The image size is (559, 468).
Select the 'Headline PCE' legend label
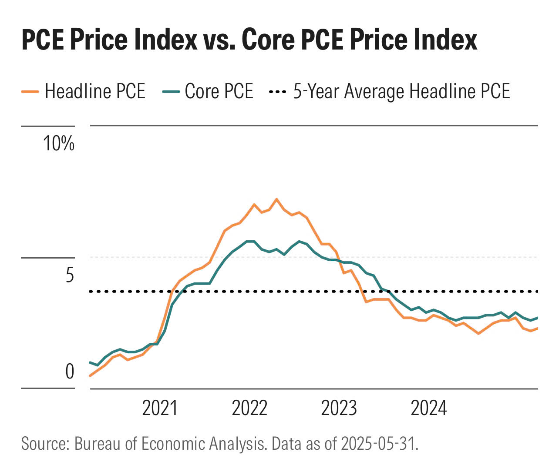click(x=95, y=92)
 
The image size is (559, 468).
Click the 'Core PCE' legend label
click(x=219, y=92)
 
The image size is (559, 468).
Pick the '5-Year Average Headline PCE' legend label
click(x=401, y=92)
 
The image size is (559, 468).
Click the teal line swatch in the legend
click(x=171, y=92)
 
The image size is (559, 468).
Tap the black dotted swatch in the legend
click(x=277, y=92)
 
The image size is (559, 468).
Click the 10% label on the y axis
click(x=59, y=143)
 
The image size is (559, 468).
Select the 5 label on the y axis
click(x=70, y=275)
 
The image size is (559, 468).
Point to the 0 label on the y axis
click(x=70, y=372)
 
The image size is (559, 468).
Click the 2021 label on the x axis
click(x=160, y=408)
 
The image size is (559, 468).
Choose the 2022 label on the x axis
click(x=249, y=408)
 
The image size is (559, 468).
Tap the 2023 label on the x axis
click(x=339, y=408)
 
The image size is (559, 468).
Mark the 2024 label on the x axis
click(x=429, y=408)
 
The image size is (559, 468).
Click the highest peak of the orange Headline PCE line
click(x=276, y=199)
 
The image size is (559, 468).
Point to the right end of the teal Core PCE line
click(x=538, y=318)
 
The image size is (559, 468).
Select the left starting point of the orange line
click(x=90, y=376)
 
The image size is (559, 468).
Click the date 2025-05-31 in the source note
click(x=378, y=444)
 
